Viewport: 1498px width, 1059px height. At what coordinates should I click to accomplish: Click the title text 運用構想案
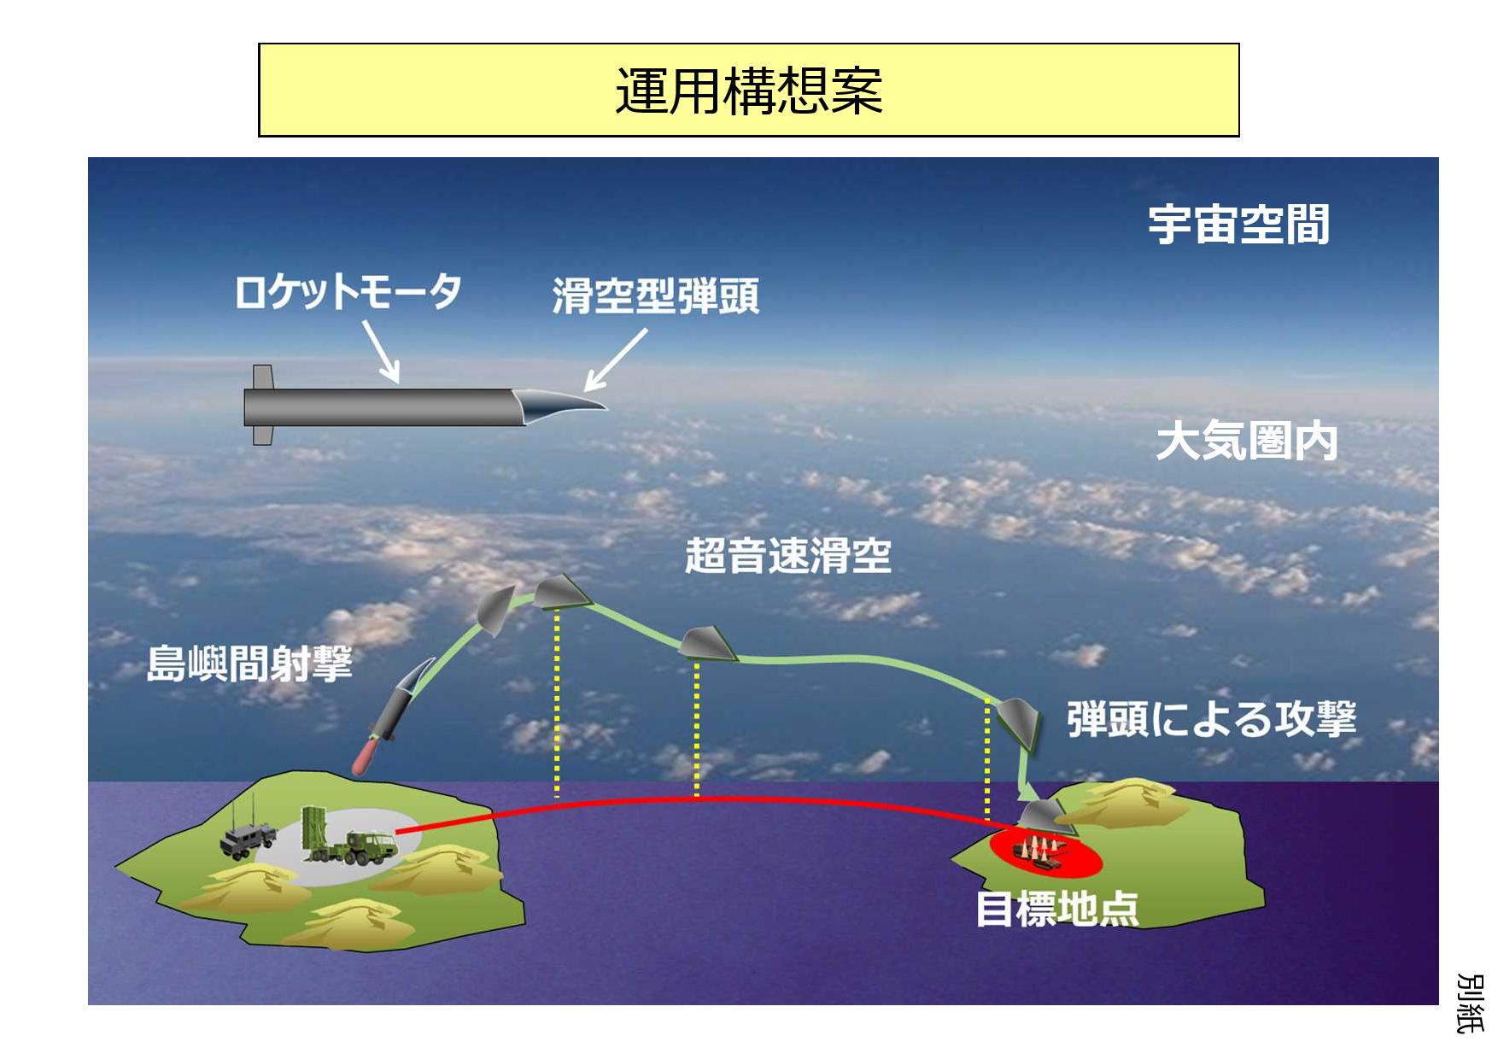pos(749,91)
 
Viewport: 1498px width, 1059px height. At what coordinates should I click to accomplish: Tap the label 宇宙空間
pos(1238,225)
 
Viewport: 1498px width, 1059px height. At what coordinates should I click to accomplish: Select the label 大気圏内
pos(1247,442)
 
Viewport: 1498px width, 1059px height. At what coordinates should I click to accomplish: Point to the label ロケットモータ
pos(348,291)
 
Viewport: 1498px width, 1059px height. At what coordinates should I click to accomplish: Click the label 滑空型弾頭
pos(656,296)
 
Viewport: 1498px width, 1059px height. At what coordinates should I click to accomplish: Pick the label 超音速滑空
pos(788,556)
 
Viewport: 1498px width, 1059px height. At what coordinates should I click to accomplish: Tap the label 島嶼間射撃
pos(249,664)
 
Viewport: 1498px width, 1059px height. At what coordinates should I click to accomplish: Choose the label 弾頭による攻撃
pos(1212,719)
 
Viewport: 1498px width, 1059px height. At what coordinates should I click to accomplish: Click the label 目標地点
pos(1057,908)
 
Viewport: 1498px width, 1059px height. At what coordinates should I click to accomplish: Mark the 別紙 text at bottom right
pos(1469,1003)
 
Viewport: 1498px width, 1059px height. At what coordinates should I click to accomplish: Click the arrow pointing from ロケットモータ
pos(381,352)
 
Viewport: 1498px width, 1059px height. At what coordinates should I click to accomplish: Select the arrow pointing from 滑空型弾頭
pos(616,360)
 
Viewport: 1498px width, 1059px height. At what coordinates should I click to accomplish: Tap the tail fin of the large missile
pos(262,405)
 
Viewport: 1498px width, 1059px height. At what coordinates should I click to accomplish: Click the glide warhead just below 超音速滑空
pos(708,644)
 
